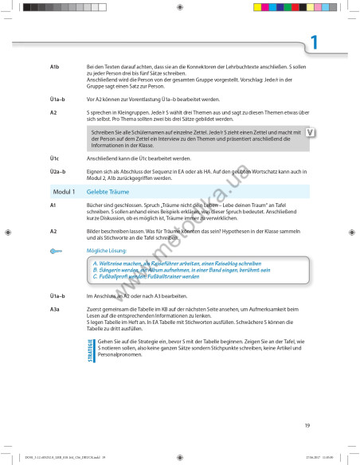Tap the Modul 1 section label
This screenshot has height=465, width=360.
(x=63, y=193)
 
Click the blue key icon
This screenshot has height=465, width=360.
(x=57, y=250)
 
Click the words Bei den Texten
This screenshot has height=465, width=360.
(x=104, y=65)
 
